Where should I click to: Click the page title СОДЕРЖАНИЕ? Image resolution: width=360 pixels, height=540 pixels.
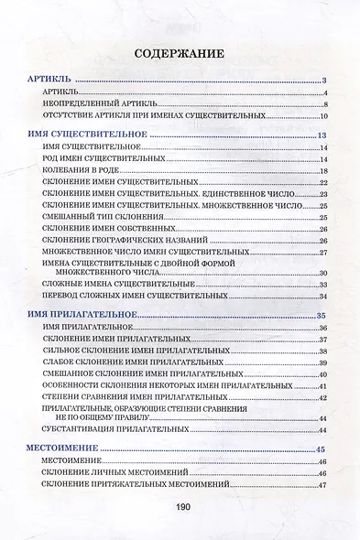coord(179,54)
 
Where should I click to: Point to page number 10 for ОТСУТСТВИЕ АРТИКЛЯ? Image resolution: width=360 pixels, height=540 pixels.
coord(323,116)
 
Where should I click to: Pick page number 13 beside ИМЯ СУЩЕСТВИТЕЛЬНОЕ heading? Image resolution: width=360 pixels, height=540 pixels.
coord(322,136)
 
